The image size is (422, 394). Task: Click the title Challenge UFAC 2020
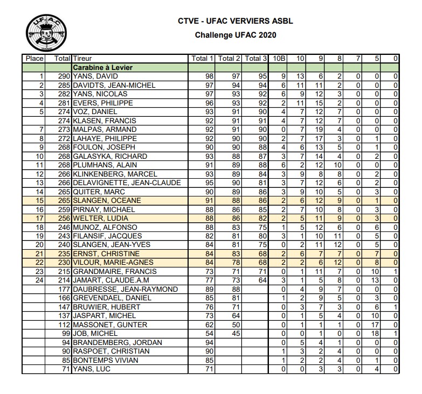coord(237,35)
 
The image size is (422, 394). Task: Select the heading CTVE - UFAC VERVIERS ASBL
coord(237,22)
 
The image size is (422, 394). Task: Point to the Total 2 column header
coord(230,58)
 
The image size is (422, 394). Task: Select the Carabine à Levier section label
coord(102,67)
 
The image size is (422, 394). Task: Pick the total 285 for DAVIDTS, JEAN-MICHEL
coord(64,85)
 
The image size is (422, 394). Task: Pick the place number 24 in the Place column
coord(38,280)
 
